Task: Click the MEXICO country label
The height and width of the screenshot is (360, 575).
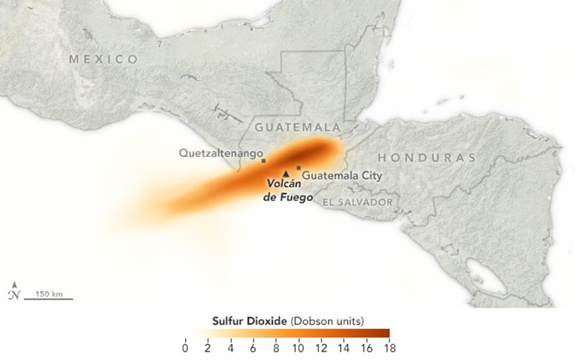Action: tap(103, 59)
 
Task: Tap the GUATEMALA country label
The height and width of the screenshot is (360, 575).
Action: tap(298, 128)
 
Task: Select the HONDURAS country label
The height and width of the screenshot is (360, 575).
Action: tap(427, 158)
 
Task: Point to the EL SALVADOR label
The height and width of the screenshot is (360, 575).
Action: tap(357, 202)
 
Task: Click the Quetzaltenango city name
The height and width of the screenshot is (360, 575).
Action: tap(221, 153)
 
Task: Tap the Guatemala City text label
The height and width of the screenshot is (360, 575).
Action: tap(342, 176)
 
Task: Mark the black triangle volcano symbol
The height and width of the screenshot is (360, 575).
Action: tap(286, 174)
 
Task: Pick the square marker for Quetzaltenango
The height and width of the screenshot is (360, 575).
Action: tap(263, 160)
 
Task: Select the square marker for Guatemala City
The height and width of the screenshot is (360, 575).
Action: tap(299, 168)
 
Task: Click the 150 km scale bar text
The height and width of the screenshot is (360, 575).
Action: tap(49, 294)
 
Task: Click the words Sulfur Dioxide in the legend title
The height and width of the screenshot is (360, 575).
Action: tap(250, 321)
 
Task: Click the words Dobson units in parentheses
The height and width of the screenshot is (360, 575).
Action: tap(327, 321)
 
